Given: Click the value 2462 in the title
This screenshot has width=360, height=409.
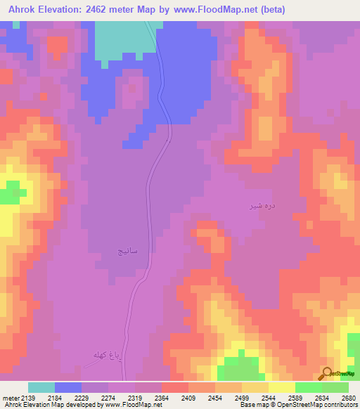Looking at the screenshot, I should pyautogui.click(x=102, y=9).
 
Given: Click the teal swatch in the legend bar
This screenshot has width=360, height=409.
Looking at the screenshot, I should pyautogui.click(x=41, y=387).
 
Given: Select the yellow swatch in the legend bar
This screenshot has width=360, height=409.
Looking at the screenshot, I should pyautogui.click(x=281, y=387).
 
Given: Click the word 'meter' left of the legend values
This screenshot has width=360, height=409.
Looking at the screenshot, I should pyautogui.click(x=10, y=397).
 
